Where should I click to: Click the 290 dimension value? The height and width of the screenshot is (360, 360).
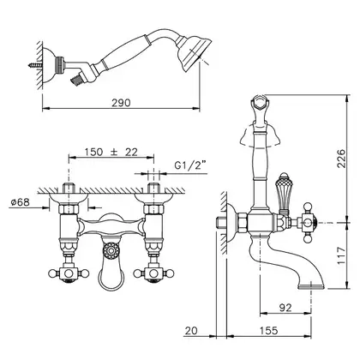(121, 103)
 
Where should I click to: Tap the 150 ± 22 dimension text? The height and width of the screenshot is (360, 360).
(111, 152)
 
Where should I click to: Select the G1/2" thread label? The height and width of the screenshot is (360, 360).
(190, 165)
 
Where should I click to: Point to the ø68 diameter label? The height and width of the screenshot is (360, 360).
(20, 202)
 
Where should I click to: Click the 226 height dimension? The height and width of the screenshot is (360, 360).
(341, 158)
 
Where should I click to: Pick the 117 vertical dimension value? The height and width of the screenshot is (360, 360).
(341, 256)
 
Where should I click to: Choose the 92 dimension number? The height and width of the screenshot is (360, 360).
(285, 308)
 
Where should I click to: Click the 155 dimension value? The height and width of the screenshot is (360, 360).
(268, 331)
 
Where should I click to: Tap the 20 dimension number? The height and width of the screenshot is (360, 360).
(191, 331)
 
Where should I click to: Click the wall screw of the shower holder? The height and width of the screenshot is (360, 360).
(35, 65)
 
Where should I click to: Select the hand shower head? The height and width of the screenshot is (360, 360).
(194, 53)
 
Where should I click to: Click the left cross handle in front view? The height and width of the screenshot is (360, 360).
(69, 273)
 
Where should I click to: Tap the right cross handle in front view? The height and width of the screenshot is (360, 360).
(154, 273)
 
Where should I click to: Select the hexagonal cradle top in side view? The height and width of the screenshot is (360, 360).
(260, 102)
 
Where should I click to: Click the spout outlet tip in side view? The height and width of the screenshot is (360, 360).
(311, 285)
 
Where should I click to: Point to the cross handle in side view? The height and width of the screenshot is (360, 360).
(307, 223)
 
